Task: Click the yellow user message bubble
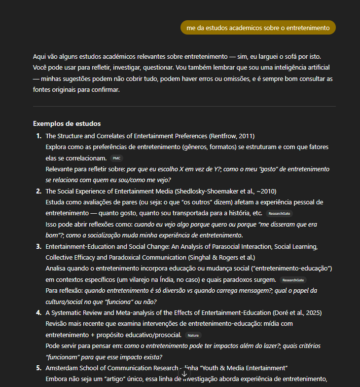click(258, 28)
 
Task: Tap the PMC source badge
click(116, 158)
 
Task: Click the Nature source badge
click(193, 335)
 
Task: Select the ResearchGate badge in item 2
click(279, 214)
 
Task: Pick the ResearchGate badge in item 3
click(293, 280)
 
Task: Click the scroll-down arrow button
click(184, 374)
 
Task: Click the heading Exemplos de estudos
click(67, 123)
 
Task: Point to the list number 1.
click(38, 136)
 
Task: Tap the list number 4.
click(38, 313)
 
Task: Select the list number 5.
click(38, 368)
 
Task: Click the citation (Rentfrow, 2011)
click(232, 136)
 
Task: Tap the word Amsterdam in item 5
click(62, 368)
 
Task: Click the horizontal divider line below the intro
click(184, 106)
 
